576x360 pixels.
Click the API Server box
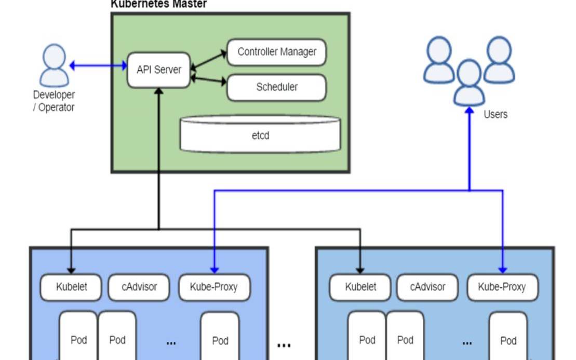pyautogui.click(x=159, y=70)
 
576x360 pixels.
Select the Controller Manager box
pyautogui.click(x=276, y=52)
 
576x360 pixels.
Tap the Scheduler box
pyautogui.click(x=276, y=87)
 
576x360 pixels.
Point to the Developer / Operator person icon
pyautogui.click(x=54, y=65)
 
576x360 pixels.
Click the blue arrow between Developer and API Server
pyautogui.click(x=98, y=65)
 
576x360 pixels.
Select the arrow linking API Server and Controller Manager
pyautogui.click(x=209, y=59)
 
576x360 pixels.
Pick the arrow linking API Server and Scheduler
pyautogui.click(x=209, y=80)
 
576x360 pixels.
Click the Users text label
pyautogui.click(x=495, y=114)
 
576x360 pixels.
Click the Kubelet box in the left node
pyautogui.click(x=71, y=287)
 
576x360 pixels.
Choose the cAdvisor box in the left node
pyautogui.click(x=139, y=287)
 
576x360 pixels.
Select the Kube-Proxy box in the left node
pyautogui.click(x=214, y=287)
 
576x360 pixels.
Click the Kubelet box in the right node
pyautogui.click(x=360, y=287)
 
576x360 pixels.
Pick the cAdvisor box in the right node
pyautogui.click(x=428, y=287)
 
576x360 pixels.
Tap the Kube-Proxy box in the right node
pyautogui.click(x=502, y=287)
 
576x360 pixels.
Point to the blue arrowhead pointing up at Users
pyautogui.click(x=470, y=111)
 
